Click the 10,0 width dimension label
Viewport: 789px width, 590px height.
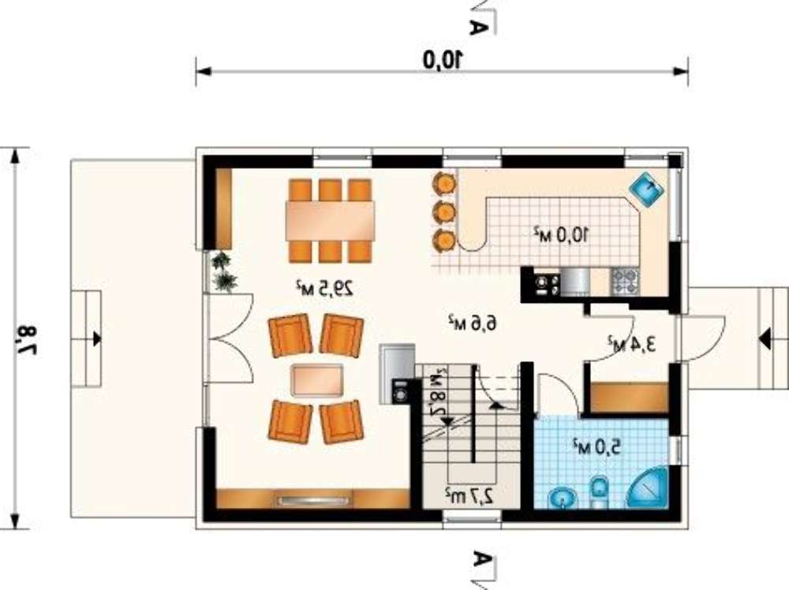click(x=443, y=59)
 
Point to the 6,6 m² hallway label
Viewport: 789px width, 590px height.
click(x=472, y=323)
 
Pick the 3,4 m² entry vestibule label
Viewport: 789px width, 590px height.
click(x=632, y=344)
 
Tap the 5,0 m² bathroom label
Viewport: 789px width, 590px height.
click(x=596, y=446)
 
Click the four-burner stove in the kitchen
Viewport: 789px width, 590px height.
click(x=626, y=281)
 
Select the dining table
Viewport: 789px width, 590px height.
click(x=330, y=220)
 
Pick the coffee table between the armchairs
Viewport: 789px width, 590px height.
click(x=318, y=380)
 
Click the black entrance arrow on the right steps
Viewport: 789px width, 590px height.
click(x=765, y=338)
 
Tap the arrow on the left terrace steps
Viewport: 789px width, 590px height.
click(x=96, y=338)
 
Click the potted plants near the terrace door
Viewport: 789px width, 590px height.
click(x=223, y=271)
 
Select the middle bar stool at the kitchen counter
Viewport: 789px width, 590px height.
click(x=445, y=211)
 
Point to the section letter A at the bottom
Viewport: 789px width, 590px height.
click(x=481, y=560)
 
